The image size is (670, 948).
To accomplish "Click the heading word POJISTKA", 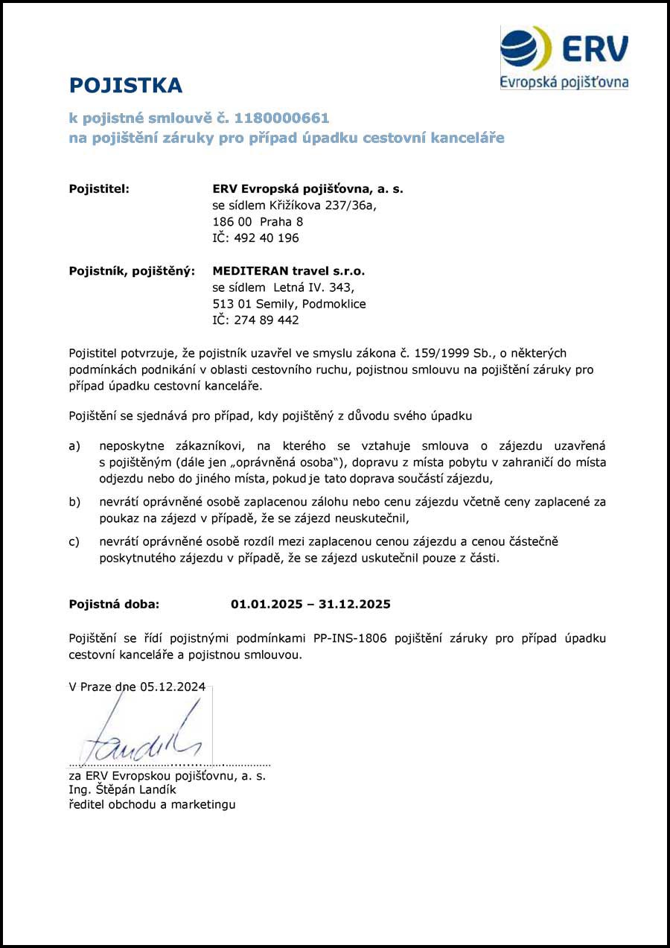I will pyautogui.click(x=125, y=86).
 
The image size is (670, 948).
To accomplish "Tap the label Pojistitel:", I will pyautogui.click(x=99, y=189).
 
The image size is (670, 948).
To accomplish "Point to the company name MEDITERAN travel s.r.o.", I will pyautogui.click(x=289, y=271).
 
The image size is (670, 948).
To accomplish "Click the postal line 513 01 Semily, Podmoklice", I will pyautogui.click(x=289, y=304).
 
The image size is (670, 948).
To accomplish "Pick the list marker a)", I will pyautogui.click(x=74, y=446).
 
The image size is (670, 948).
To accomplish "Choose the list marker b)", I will pyautogui.click(x=74, y=502).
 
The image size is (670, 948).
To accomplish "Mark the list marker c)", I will pyautogui.click(x=74, y=541).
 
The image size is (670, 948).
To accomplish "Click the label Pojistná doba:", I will pyautogui.click(x=114, y=604).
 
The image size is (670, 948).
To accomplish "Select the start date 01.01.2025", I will pyautogui.click(x=266, y=604).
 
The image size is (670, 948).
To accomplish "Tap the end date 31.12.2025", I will pyautogui.click(x=354, y=604).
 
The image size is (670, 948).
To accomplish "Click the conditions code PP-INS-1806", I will pyautogui.click(x=350, y=639).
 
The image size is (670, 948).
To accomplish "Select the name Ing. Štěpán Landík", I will pyautogui.click(x=122, y=790).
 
